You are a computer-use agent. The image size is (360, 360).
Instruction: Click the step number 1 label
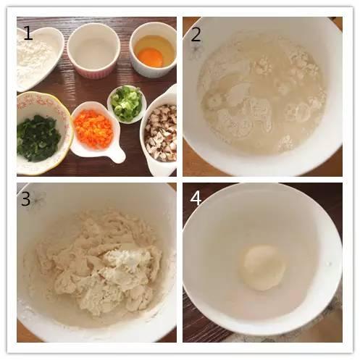point(28,33)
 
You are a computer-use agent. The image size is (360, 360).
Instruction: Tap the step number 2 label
point(196,34)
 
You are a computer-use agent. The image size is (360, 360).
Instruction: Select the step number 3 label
point(25,199)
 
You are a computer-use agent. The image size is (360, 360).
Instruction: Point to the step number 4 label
point(196,198)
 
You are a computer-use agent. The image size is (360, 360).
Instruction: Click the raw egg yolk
point(152,57)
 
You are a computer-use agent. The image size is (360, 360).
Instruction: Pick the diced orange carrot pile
point(93,129)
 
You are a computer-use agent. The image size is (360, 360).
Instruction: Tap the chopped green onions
point(127,102)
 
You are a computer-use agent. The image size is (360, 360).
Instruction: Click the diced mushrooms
point(161,132)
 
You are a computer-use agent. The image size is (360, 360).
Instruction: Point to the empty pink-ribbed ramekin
point(93,51)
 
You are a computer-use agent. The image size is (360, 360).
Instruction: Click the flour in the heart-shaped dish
point(34,59)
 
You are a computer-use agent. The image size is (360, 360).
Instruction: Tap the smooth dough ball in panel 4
point(262,267)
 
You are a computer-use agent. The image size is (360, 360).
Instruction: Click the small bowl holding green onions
point(127,104)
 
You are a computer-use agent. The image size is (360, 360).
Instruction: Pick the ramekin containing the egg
point(153,50)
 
